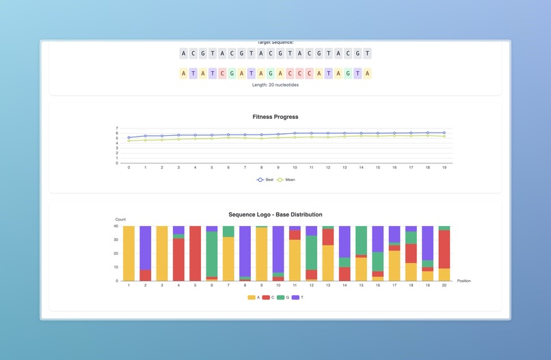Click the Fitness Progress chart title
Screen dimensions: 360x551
[275, 117]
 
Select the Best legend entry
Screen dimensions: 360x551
[265, 180]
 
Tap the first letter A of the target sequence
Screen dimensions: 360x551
[183, 53]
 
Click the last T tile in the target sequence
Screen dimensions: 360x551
[368, 53]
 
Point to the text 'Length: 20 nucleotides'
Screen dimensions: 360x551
[275, 85]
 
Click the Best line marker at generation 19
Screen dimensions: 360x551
[444, 133]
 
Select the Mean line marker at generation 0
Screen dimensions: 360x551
[129, 141]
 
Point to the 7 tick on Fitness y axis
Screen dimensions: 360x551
[117, 128]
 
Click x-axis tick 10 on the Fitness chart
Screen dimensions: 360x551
[295, 167]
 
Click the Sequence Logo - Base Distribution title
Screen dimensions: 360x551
[275, 214]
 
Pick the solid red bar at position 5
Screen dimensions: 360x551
[195, 253]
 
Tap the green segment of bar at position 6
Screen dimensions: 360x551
[212, 253]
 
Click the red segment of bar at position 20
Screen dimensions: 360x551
[444, 249]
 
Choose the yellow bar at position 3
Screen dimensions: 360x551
[162, 253]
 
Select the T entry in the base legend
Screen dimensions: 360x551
[299, 297]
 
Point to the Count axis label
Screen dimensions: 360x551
[120, 219]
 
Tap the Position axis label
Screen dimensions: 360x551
[463, 281]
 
